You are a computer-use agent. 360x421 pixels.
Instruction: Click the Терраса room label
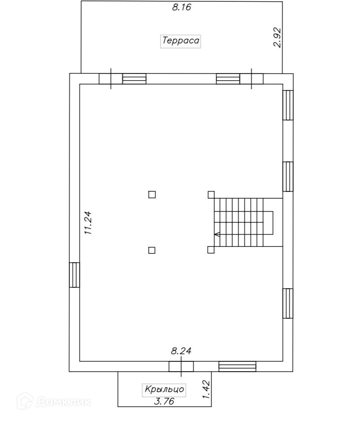181,41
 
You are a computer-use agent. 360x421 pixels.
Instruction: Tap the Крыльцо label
165,390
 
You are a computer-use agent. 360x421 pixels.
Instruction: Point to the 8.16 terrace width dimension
182,8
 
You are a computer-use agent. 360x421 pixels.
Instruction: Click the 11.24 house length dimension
88,223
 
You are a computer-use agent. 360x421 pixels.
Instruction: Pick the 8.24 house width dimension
181,352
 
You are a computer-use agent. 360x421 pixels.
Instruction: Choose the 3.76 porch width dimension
164,401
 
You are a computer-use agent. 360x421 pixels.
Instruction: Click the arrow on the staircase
217,234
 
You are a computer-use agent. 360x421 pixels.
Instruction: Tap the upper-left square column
152,195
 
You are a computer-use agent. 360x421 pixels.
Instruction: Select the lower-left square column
152,250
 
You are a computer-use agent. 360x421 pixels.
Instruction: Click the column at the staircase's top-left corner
211,195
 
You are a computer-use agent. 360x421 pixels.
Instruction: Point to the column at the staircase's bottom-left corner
211,250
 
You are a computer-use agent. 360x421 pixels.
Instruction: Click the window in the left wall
74,274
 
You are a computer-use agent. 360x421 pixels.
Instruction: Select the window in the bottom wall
237,366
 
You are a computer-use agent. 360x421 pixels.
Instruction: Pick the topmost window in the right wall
288,105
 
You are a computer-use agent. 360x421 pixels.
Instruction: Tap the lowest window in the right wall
288,303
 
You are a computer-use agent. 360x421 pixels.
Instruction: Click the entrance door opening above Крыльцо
181,366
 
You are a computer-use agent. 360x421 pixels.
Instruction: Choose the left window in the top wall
134,79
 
